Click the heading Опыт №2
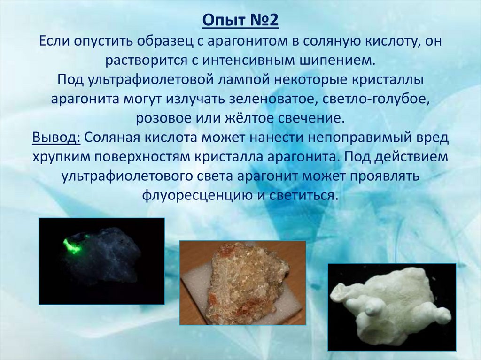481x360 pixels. [x=240, y=22]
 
